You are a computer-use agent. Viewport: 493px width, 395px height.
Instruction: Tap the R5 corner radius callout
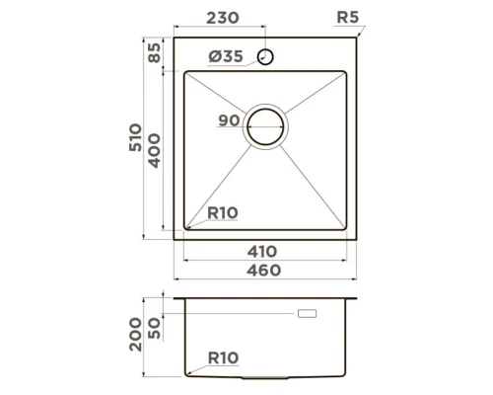point(347,17)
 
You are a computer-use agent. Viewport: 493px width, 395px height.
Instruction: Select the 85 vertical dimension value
point(154,53)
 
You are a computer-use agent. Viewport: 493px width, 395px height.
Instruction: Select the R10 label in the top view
point(223,212)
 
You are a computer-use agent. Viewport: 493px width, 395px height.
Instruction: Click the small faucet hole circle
point(266,55)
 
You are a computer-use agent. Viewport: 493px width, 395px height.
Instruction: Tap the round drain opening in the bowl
point(266,125)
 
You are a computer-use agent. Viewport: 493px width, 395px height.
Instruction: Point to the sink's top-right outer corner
point(356,40)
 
